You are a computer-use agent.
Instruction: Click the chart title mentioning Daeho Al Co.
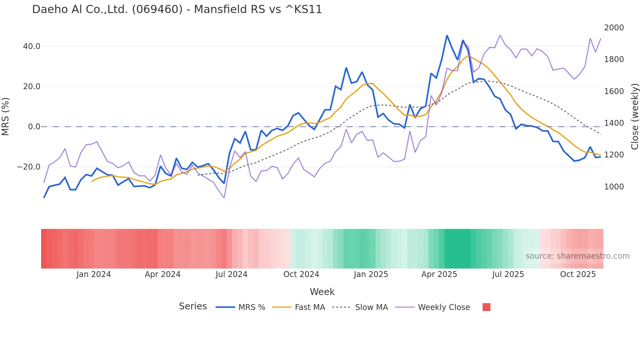pos(177,9)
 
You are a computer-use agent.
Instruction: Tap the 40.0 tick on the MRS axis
pos(32,46)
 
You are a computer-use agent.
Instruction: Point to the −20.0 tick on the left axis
pos(29,167)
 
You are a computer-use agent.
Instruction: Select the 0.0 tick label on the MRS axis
pos(34,127)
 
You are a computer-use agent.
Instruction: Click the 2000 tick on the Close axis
pos(614,28)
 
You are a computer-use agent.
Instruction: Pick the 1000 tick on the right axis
pos(614,187)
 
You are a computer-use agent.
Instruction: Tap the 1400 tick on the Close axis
pos(614,123)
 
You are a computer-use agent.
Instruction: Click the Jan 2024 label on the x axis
pos(94,274)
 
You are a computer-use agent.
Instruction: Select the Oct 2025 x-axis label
pos(578,274)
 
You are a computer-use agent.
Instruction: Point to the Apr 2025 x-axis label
pos(439,274)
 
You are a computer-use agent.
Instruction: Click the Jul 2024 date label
pos(232,274)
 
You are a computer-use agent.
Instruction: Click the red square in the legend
pos(487,307)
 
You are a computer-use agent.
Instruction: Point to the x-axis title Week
pos(322,292)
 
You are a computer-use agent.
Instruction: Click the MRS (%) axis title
pos(6,117)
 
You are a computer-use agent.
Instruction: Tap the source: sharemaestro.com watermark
pos(577,256)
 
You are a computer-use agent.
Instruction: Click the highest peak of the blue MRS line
pos(447,36)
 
